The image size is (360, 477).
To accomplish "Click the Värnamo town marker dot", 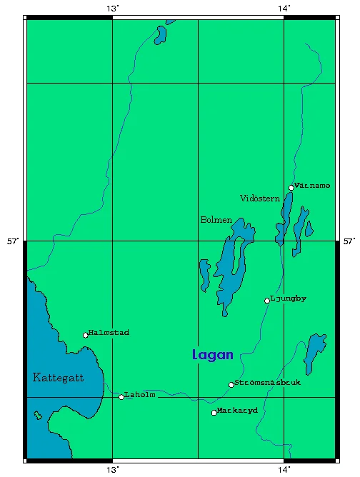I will tap(291, 187).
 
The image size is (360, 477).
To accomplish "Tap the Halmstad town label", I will tap(109, 333).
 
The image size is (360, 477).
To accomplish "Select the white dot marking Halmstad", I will tap(86, 335).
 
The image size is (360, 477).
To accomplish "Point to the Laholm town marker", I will tap(121, 396).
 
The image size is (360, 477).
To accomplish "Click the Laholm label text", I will tap(140, 395).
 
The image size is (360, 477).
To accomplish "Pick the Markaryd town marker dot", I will tap(214, 413).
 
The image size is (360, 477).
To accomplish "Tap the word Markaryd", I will tap(238, 411).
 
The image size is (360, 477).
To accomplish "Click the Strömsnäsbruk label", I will tap(267, 383).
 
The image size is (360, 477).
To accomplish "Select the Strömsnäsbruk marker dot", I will tap(231, 385).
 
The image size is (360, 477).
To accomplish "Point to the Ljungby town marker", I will tap(267, 301).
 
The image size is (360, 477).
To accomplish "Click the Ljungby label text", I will tap(289, 298).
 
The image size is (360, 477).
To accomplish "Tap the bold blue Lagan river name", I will tap(213, 354).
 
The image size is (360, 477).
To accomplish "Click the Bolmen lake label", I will tap(216, 220).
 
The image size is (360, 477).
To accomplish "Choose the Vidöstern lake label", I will tap(260, 198).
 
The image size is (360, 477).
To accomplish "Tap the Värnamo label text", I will tap(313, 186).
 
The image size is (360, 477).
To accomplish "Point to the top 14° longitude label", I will tap(284, 8).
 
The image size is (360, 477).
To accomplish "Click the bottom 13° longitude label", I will tap(112, 469).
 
